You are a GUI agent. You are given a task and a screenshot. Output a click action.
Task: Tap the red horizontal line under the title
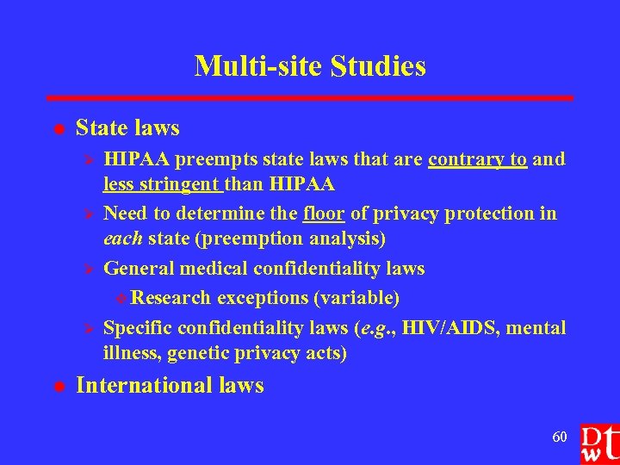309,98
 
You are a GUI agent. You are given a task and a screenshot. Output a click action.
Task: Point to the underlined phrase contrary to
477,158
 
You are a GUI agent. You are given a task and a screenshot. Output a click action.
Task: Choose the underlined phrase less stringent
161,184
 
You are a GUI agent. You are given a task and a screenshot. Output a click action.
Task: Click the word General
139,269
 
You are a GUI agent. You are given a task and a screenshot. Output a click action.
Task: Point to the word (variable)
356,298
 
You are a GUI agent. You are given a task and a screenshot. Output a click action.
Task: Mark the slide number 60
560,437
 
